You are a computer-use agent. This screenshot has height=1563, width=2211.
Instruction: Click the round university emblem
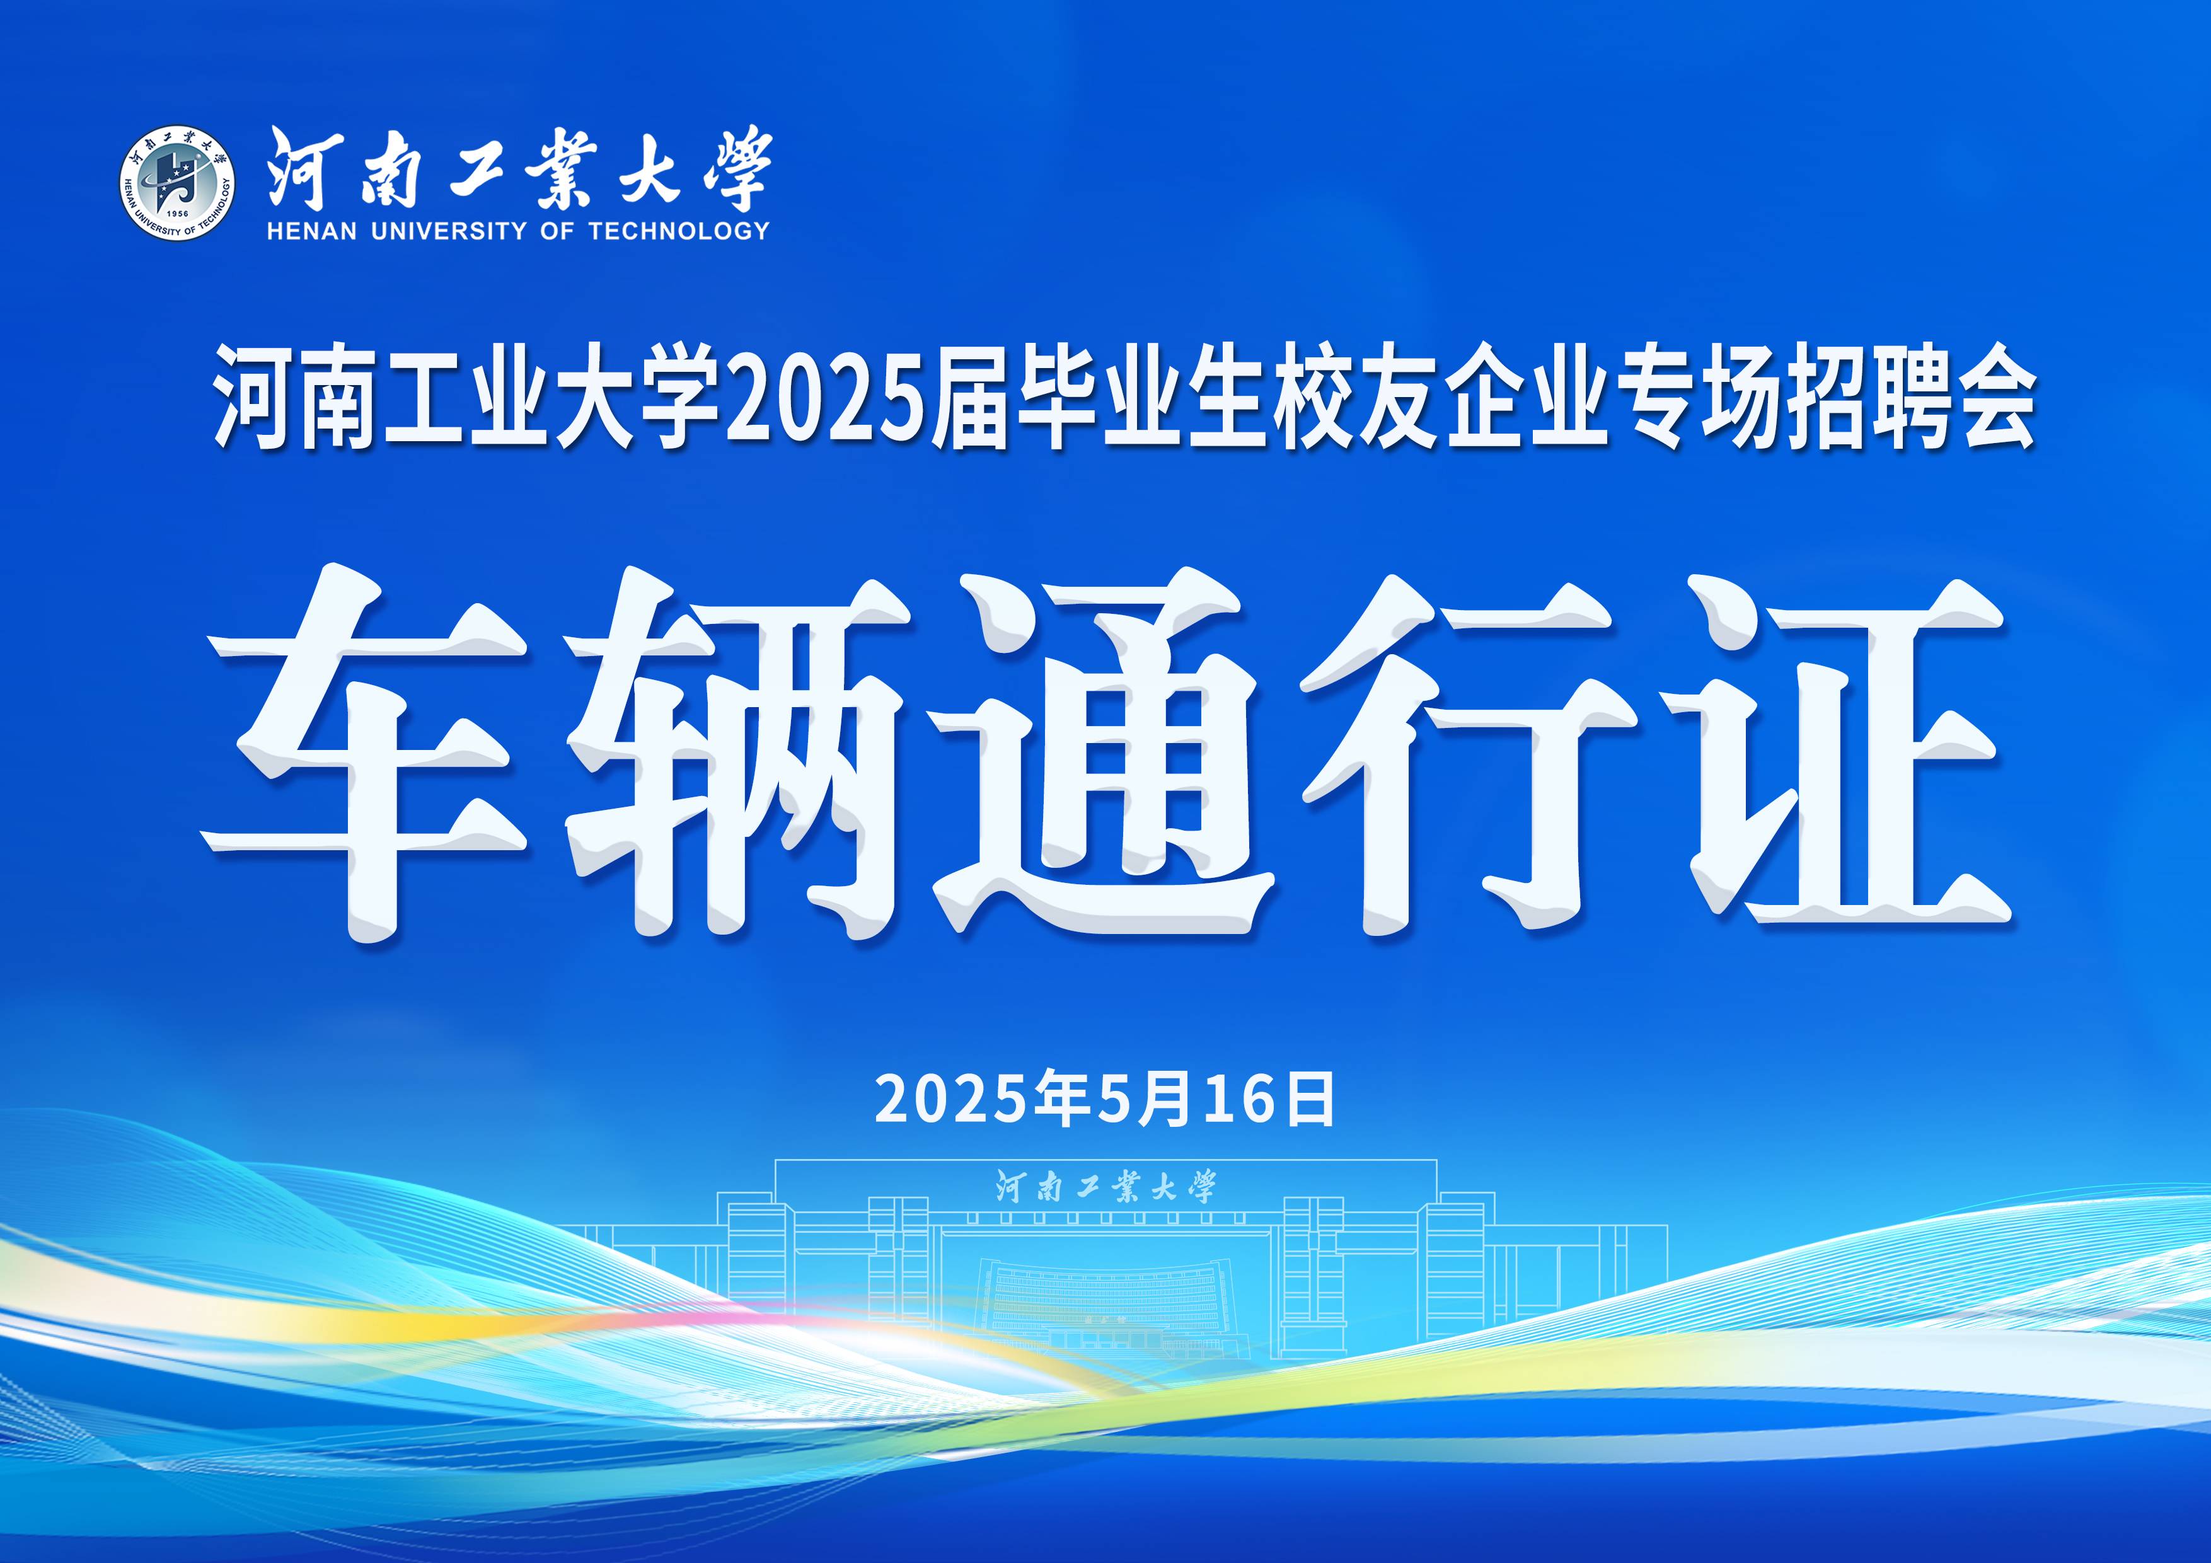(x=177, y=183)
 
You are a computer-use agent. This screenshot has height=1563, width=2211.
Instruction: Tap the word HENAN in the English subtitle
(x=312, y=231)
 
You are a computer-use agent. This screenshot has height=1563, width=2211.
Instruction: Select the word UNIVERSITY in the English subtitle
(x=449, y=231)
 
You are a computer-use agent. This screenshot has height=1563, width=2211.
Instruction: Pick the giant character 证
(x=1844, y=752)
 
